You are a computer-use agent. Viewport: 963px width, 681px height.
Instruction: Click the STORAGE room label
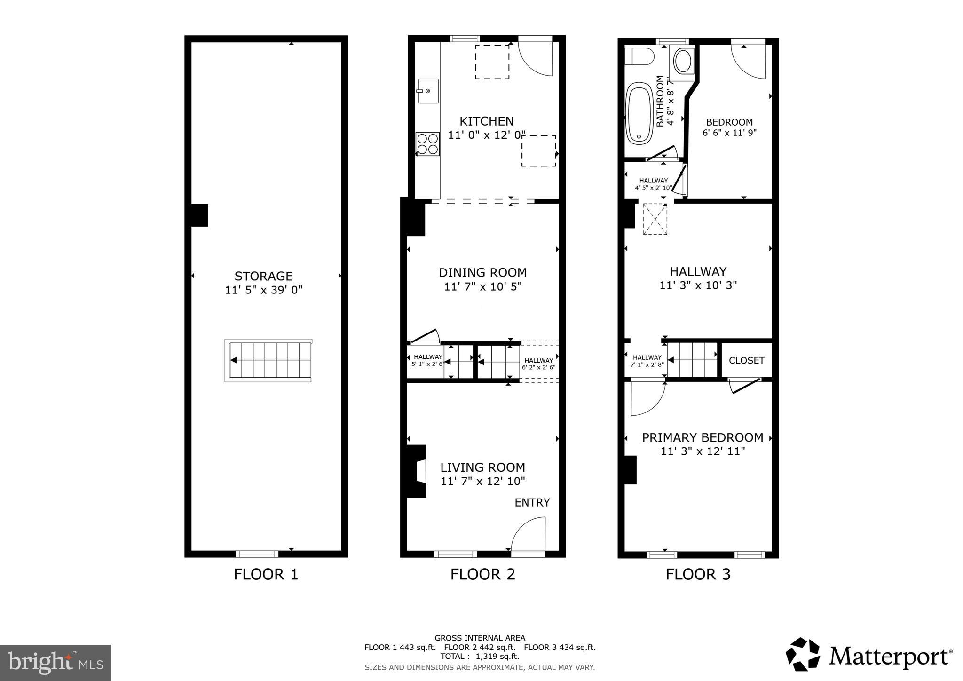(263, 276)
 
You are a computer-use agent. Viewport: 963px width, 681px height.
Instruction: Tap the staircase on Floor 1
(268, 360)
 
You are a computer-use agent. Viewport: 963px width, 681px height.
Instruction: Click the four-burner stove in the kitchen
(427, 144)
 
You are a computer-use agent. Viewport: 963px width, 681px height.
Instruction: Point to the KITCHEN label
(486, 121)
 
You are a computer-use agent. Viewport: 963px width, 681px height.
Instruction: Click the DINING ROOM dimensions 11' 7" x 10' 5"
(483, 286)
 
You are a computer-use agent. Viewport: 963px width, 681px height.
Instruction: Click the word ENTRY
(532, 503)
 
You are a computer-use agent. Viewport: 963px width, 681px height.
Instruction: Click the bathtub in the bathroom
(639, 112)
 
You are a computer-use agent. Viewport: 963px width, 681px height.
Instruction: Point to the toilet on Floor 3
(639, 57)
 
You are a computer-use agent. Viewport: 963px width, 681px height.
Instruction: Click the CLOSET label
(746, 361)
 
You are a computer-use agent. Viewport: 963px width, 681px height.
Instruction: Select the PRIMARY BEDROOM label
(703, 438)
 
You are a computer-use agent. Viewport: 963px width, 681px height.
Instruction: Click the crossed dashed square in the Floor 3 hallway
(655, 219)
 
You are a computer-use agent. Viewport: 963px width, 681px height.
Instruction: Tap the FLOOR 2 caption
(482, 574)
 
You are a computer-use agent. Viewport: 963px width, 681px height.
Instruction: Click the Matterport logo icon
(803, 654)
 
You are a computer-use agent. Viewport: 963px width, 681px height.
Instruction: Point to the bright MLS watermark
(55, 663)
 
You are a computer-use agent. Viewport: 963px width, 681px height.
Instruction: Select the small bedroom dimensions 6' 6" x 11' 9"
(729, 133)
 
